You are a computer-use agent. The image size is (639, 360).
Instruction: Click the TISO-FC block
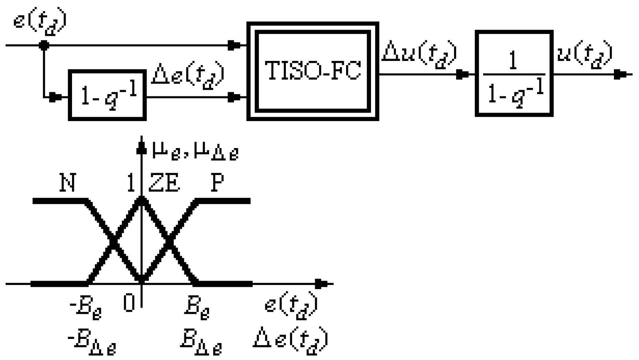tap(312, 71)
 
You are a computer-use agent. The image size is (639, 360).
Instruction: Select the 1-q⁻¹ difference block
tap(107, 95)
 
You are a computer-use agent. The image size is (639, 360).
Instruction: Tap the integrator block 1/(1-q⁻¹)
tap(514, 74)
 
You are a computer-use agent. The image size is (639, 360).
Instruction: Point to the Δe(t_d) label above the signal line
tap(188, 76)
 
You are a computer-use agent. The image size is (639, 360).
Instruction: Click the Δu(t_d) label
tap(419, 55)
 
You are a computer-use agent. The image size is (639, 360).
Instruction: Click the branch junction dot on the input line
tap(44, 45)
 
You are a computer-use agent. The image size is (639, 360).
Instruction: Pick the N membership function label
tap(68, 182)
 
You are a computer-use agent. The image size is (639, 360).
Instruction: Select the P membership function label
tap(217, 182)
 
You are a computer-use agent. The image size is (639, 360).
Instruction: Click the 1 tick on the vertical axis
tap(130, 182)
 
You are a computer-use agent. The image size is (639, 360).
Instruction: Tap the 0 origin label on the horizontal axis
tap(129, 304)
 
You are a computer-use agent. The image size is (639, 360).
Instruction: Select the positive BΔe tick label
tap(201, 341)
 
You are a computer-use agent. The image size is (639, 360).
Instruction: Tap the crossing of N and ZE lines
tap(115, 242)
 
